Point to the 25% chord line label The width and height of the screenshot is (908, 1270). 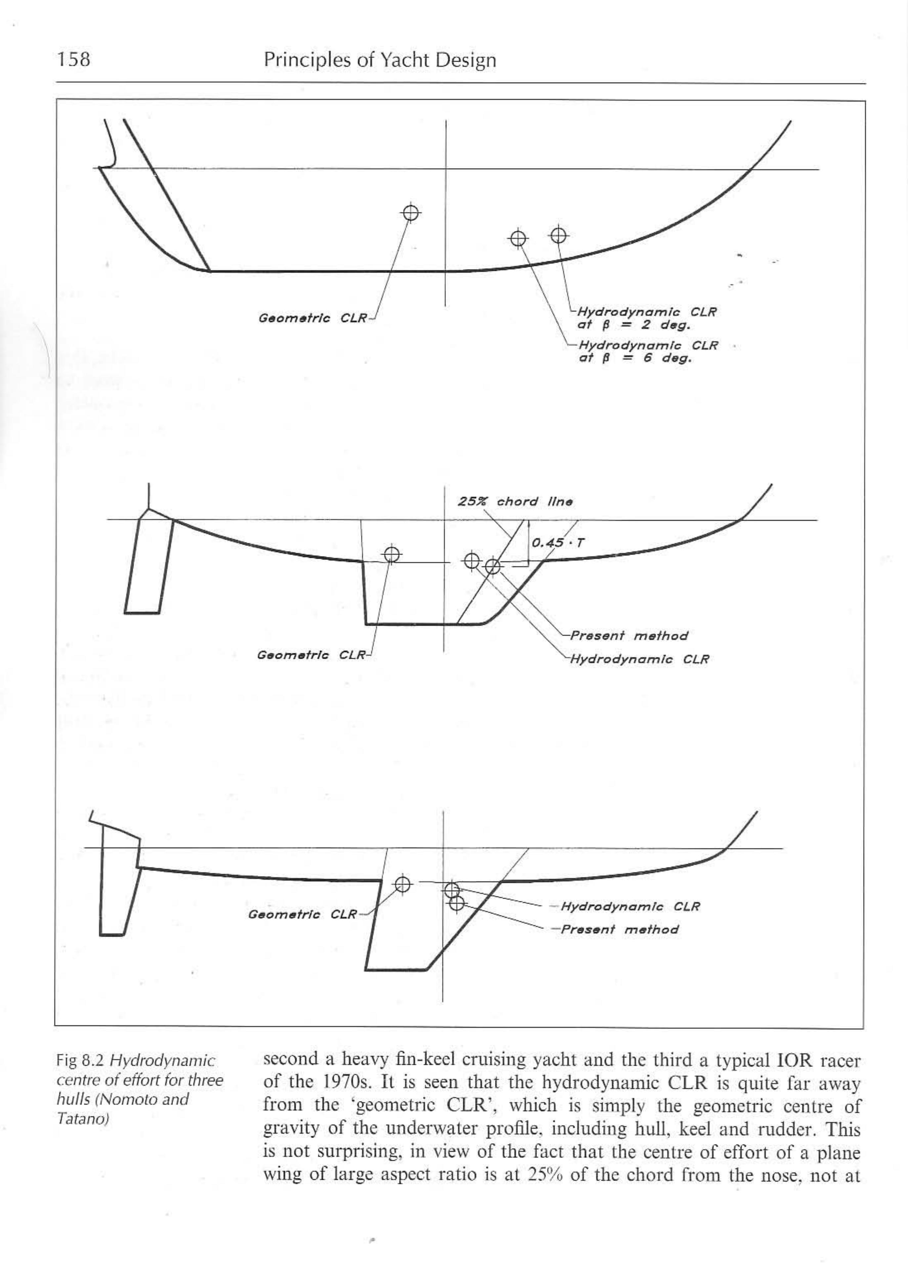coord(515,501)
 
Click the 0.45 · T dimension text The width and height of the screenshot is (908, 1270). coord(557,542)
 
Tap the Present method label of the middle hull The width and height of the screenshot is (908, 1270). coord(628,636)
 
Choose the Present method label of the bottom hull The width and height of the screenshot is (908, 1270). coord(620,930)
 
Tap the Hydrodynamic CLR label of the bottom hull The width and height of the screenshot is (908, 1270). coord(629,907)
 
